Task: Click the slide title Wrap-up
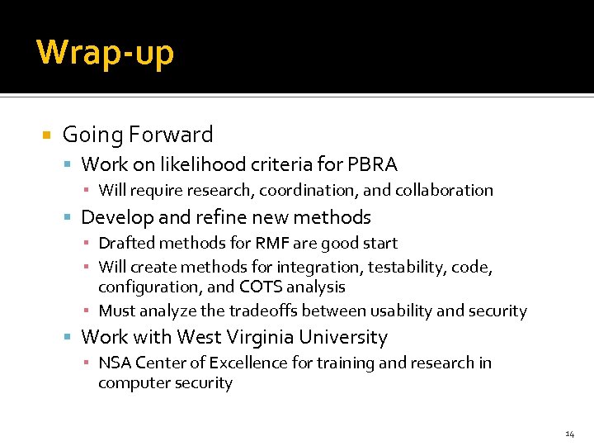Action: point(105,52)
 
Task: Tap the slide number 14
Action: point(569,434)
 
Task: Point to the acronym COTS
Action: point(260,287)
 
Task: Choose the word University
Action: point(343,337)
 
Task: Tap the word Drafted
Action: point(125,243)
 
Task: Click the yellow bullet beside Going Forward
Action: point(47,135)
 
